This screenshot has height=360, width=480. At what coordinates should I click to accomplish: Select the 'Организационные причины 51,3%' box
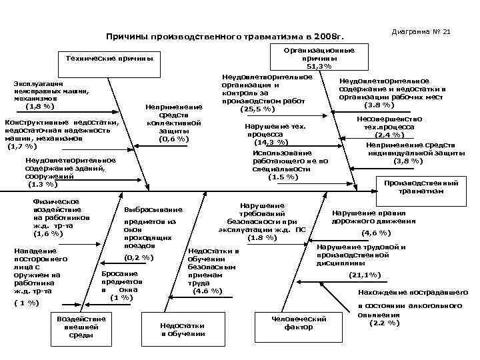319,58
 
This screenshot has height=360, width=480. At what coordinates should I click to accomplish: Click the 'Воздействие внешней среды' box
82,327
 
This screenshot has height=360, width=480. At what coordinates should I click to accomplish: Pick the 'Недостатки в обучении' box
183,329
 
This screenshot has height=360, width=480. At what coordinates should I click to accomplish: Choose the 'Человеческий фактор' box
299,323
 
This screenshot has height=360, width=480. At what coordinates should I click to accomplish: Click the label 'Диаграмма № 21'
421,32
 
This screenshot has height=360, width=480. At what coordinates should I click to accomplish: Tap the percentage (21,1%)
364,274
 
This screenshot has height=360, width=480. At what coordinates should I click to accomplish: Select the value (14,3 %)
271,142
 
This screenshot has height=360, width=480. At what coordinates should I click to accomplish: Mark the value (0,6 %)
172,139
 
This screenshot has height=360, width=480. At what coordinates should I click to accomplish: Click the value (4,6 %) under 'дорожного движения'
375,233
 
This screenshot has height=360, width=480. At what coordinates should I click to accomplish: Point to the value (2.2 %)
384,323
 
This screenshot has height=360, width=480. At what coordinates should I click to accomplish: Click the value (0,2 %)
139,257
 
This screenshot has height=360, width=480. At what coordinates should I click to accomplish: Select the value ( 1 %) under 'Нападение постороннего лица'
26,303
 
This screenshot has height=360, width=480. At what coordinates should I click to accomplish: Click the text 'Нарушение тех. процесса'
275,130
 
